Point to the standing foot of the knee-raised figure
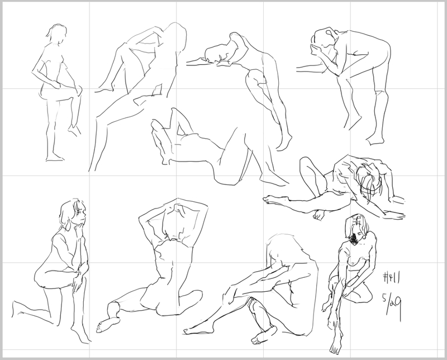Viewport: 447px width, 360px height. [x=55, y=158]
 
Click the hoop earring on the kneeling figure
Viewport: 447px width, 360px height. [x=69, y=226]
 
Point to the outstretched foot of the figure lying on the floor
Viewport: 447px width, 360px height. [x=272, y=199]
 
